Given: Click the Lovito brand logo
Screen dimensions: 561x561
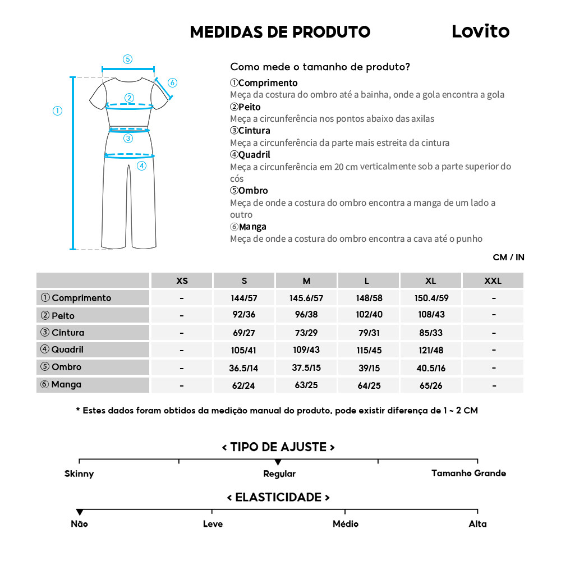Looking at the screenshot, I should [x=480, y=31].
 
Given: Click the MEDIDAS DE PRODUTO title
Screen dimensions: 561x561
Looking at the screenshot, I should [x=280, y=32].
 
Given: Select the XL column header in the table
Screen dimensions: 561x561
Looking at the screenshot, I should [x=430, y=280].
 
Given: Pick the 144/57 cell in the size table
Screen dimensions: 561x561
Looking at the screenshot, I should [x=244, y=298].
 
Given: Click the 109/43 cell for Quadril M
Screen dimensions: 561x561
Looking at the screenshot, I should [x=306, y=350].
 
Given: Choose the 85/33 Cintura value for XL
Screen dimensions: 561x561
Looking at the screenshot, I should [x=430, y=333].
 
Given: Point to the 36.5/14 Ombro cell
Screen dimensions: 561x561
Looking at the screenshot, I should [x=244, y=367].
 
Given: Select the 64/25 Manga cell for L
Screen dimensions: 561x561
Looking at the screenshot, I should [x=369, y=385].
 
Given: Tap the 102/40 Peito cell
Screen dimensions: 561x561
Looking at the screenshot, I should [x=369, y=315].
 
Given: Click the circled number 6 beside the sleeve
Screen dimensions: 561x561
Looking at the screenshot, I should [x=172, y=83].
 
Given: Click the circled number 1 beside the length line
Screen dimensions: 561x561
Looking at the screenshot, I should [x=57, y=111].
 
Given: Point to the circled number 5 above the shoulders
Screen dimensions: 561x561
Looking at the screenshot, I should [x=127, y=59].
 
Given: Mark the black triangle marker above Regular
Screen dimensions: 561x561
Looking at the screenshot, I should [x=278, y=462].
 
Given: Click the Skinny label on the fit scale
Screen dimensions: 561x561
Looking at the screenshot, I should [x=79, y=473].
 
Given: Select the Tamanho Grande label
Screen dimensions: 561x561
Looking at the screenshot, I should [x=468, y=473].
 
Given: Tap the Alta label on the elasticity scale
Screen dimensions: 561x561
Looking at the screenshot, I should [x=477, y=524].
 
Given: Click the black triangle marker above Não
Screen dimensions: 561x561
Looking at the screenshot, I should [x=80, y=512].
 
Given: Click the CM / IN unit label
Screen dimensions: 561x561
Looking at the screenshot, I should [x=508, y=257].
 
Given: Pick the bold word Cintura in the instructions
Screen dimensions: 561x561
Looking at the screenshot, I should [x=254, y=131].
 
